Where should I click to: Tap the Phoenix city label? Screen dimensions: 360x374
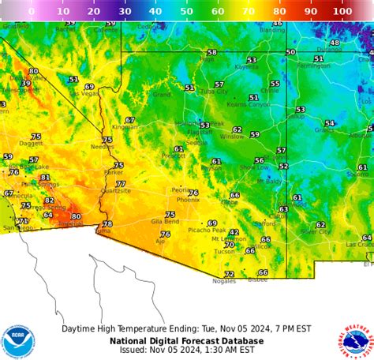coord(188,200)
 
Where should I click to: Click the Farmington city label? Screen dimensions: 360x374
coord(313,66)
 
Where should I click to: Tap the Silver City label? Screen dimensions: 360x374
coord(316,231)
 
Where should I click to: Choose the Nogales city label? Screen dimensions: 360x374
coord(223,281)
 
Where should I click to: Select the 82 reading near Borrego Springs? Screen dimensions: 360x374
coord(49,201)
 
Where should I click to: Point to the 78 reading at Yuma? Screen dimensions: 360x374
coord(107,223)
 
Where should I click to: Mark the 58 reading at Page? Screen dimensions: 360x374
coord(211,52)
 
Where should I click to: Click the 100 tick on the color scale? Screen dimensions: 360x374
coord(342,11)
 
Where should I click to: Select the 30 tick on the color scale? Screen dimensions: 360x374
coord(125,11)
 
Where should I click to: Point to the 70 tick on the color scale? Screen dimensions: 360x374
coord(249,11)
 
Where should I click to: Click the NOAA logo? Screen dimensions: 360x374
coord(18,341)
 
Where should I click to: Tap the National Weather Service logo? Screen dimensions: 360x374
coord(356,341)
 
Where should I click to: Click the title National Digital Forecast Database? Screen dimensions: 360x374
coord(186,341)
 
